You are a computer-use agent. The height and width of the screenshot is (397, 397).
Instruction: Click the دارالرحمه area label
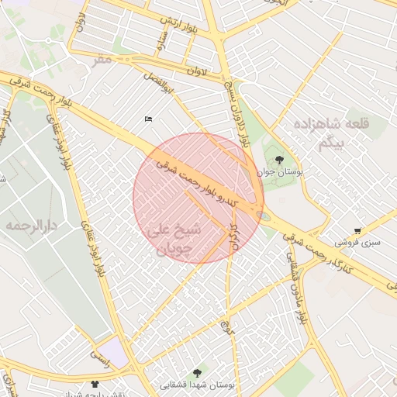(32, 225)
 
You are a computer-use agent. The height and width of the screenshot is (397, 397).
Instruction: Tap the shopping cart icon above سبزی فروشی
(357, 230)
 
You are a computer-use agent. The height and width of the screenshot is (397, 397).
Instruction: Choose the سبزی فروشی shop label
(357, 242)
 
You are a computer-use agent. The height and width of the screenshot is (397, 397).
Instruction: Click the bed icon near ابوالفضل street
(148, 119)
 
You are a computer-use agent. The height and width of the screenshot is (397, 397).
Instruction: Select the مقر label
(104, 58)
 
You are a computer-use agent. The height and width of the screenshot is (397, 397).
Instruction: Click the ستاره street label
(164, 42)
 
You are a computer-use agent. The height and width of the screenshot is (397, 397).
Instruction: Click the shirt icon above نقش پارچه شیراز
(95, 383)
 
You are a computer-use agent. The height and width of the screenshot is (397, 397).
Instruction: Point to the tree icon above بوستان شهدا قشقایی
(197, 373)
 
